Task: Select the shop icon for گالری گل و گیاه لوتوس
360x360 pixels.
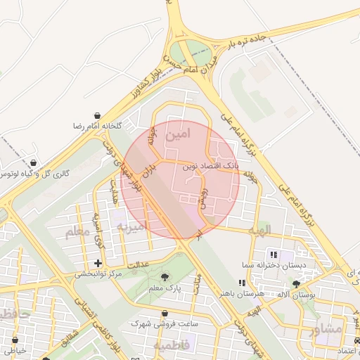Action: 32,163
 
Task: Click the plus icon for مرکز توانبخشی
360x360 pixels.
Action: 98,263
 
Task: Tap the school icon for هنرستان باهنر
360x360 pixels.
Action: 242,283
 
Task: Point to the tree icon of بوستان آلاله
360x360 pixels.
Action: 295,283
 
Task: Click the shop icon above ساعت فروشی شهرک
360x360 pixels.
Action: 165,314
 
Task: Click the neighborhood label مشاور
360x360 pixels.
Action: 326,329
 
